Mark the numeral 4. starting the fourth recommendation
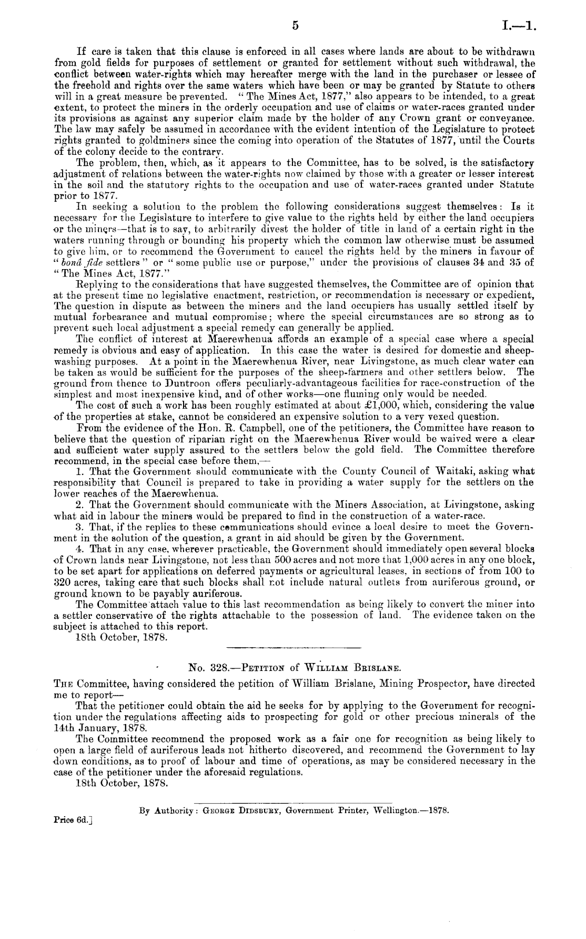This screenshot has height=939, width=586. pos(82,549)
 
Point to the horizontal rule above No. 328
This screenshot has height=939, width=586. pos(292,647)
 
